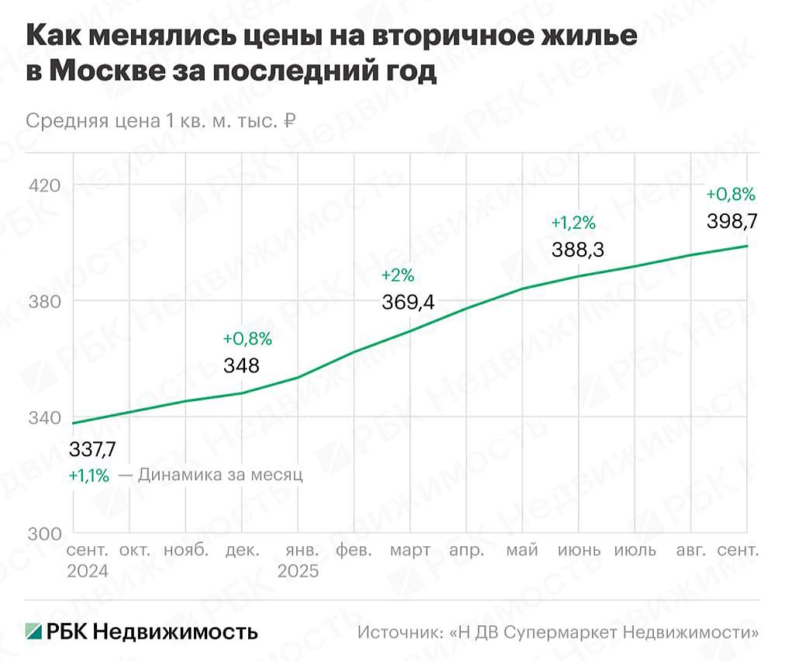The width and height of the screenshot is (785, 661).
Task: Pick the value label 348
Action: (241, 366)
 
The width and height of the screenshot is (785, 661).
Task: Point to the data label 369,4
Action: (407, 303)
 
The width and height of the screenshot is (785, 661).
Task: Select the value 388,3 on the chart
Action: (578, 251)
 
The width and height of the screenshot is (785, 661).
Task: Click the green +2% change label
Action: (398, 276)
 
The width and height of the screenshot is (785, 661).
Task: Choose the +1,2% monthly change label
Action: (573, 223)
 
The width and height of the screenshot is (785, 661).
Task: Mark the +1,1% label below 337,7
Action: (89, 476)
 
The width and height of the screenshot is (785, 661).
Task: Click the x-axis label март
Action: (410, 551)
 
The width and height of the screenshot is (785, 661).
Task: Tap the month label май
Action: (522, 551)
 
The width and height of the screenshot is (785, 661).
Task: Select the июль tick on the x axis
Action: (635, 551)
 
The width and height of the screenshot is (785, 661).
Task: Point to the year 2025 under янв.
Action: (298, 571)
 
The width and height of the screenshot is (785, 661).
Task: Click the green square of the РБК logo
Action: (34, 631)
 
